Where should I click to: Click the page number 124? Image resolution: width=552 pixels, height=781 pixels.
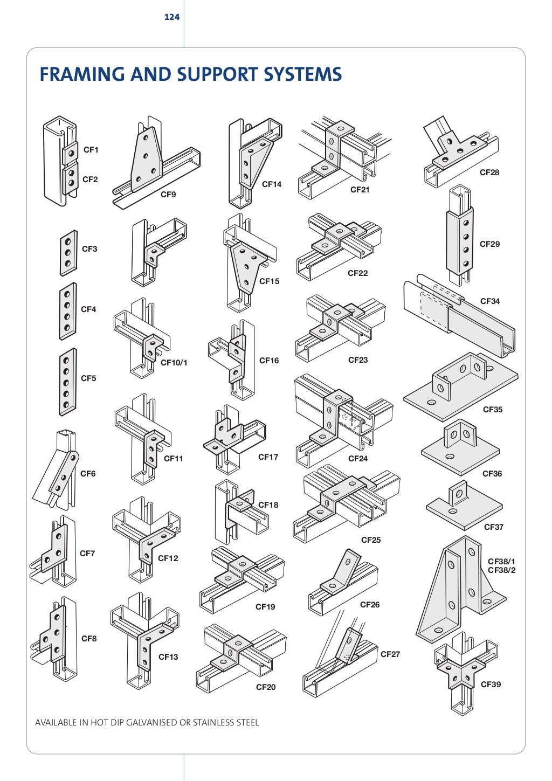pos(172,17)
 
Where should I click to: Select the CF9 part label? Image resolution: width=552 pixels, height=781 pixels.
pos(168,195)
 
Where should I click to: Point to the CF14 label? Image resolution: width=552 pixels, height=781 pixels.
pos(272,184)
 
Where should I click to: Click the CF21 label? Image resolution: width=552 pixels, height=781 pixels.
pos(360,190)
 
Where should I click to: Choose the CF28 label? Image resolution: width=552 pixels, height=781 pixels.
pos(489,172)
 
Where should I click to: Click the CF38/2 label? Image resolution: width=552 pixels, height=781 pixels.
pos(501,570)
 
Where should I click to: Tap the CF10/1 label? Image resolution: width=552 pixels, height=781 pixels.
pos(174,363)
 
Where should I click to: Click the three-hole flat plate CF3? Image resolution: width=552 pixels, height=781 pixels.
pos(68,253)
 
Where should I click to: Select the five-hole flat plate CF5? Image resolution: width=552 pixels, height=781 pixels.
pos(67,382)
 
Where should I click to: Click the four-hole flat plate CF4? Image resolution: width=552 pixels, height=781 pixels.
pos(67,311)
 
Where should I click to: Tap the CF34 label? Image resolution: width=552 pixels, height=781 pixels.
pos(490,301)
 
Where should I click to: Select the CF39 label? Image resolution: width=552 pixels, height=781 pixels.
pos(491,685)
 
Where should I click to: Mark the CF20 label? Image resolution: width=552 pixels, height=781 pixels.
pos(266,687)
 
